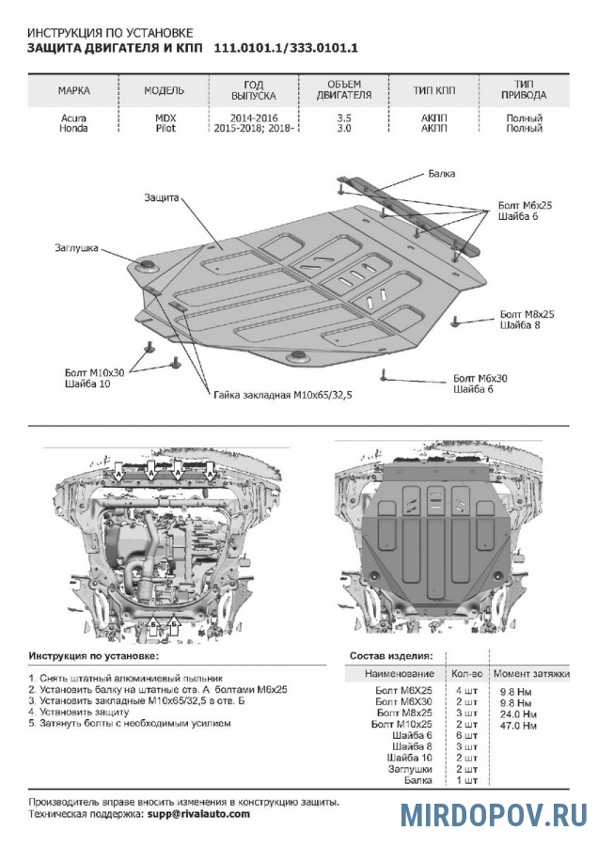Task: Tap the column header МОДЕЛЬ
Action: click(164, 91)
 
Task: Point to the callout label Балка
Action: click(441, 173)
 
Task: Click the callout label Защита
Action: click(162, 197)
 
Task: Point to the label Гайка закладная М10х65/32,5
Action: click(287, 396)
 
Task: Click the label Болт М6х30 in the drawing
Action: click(481, 378)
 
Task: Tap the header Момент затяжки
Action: click(532, 674)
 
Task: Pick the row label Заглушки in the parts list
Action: click(409, 768)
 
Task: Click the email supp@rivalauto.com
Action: click(198, 814)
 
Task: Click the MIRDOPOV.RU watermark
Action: click(494, 814)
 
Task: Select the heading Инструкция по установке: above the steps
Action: click(94, 654)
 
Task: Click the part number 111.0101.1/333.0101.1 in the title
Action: click(287, 47)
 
